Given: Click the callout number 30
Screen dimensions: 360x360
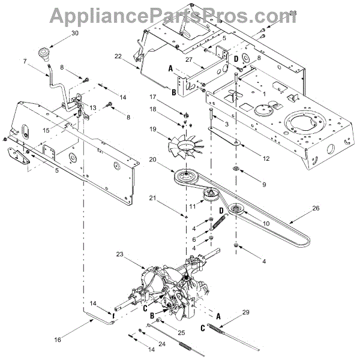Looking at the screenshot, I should pyautogui.click(x=74, y=34).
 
